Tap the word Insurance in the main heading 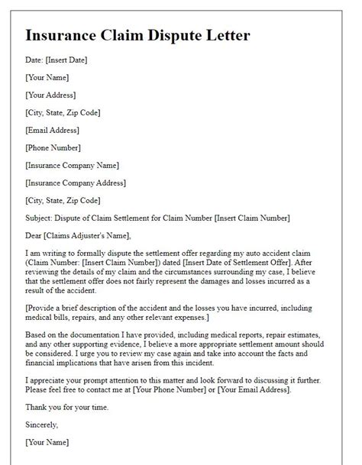(x=65, y=36)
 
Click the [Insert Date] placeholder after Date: (x=68, y=60)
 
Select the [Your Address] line (x=51, y=95)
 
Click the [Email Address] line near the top (x=53, y=131)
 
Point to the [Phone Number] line (x=53, y=148)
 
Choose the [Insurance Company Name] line (x=72, y=166)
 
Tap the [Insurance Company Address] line (x=76, y=183)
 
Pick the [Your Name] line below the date (x=47, y=78)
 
